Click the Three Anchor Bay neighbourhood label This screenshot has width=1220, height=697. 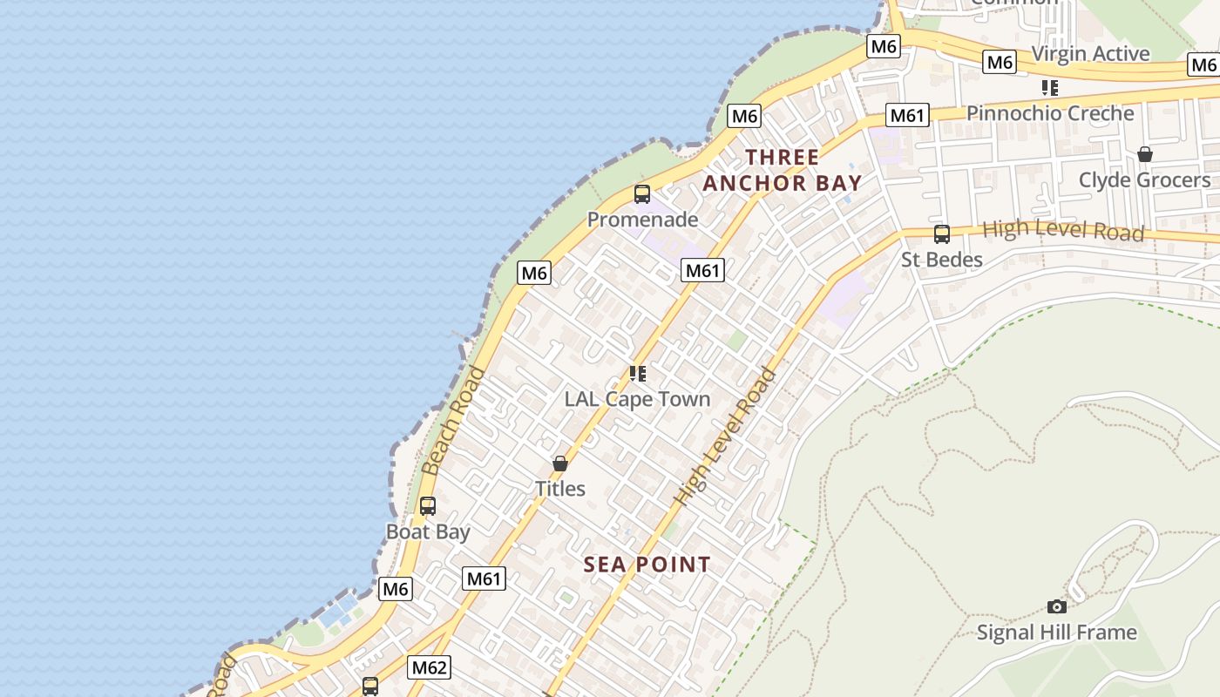[x=782, y=170]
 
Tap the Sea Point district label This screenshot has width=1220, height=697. [x=647, y=565]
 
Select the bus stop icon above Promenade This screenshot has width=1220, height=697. [x=642, y=194]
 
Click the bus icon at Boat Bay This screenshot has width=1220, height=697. [x=427, y=506]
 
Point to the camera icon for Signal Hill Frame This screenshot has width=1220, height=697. [x=1056, y=606]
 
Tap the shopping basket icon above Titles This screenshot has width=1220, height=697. [x=560, y=464]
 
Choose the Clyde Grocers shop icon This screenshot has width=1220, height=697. [x=1144, y=154]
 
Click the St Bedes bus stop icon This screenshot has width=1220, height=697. [x=941, y=233]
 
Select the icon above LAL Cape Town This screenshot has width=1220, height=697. [x=638, y=374]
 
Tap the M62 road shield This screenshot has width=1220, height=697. [x=429, y=668]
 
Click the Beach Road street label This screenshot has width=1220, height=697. [x=453, y=422]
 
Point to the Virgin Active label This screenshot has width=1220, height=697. [x=1090, y=53]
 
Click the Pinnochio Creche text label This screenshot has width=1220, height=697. [x=1050, y=113]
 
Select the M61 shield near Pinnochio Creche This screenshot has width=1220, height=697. [x=907, y=115]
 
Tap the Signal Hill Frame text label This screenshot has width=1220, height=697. [x=1056, y=633]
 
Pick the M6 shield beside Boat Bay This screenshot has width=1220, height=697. [x=396, y=589]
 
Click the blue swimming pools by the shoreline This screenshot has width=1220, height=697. [x=338, y=613]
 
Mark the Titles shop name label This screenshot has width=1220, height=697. [x=559, y=489]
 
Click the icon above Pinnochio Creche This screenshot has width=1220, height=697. [x=1050, y=88]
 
